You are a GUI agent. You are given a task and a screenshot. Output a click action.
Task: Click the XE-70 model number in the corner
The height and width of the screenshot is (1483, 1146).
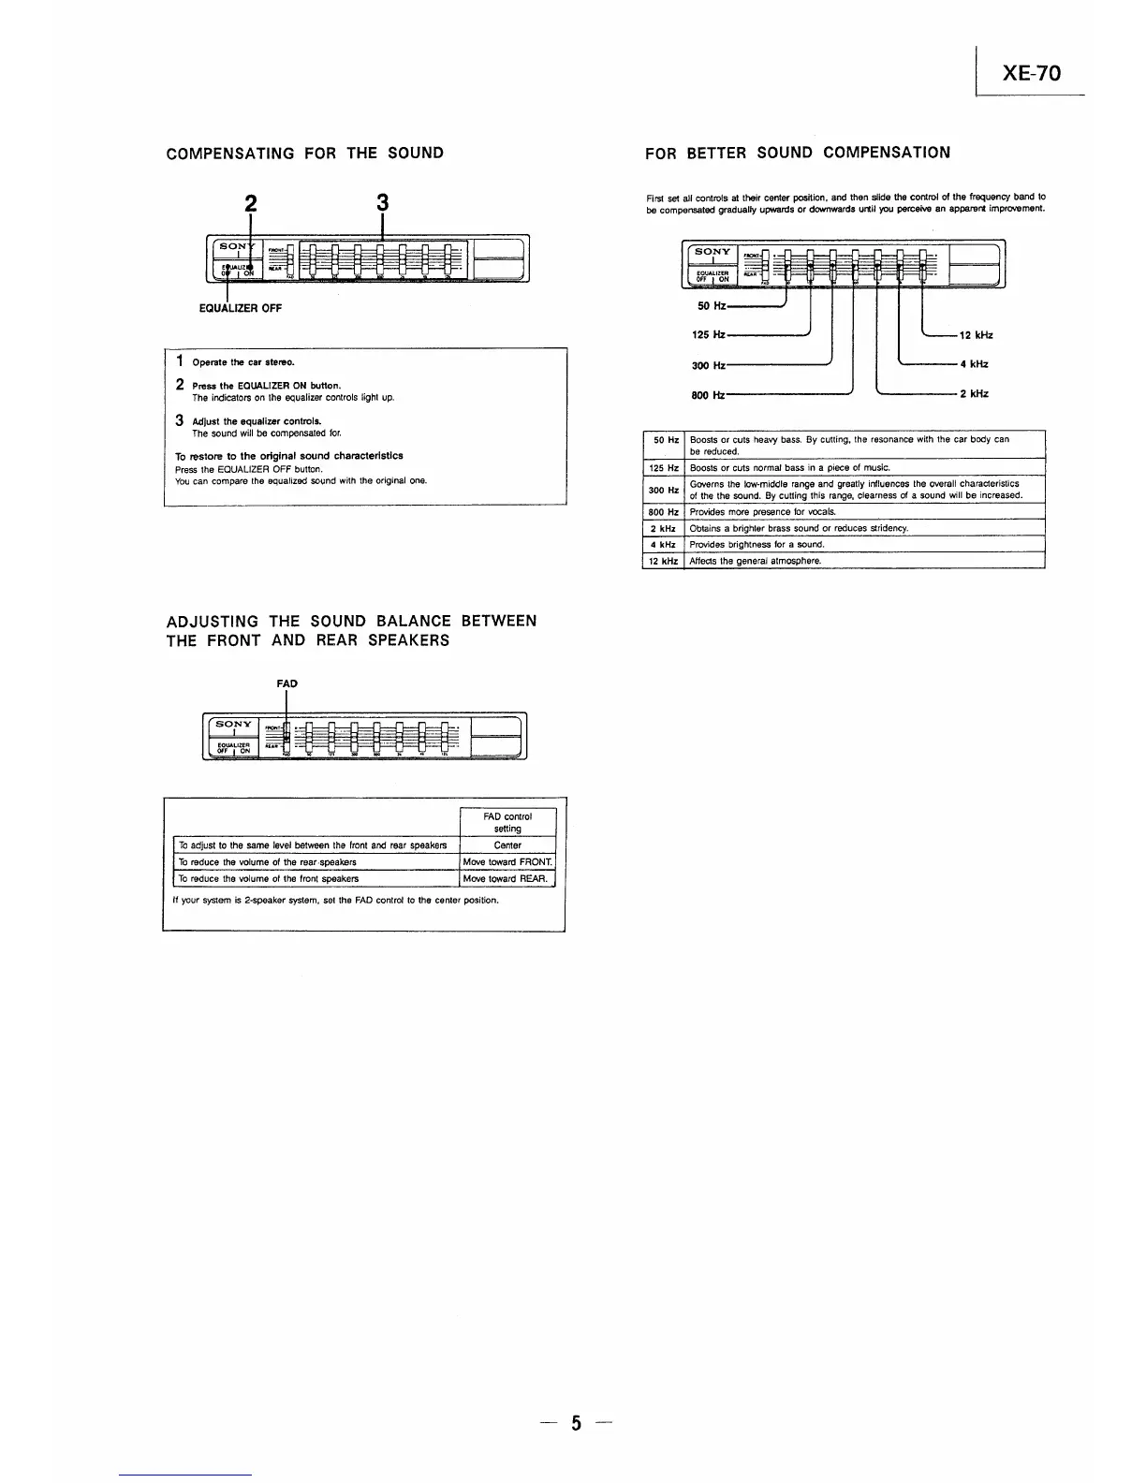(x=1032, y=73)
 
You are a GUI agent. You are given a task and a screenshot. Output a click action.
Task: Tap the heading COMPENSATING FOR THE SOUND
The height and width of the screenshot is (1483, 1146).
(x=304, y=153)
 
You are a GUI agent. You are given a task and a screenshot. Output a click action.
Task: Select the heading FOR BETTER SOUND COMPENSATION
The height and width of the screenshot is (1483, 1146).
(x=798, y=153)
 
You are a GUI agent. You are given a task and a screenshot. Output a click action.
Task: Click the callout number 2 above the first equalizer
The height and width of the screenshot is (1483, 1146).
(x=250, y=203)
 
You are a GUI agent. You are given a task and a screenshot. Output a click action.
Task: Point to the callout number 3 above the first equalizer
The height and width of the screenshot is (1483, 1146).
(x=382, y=203)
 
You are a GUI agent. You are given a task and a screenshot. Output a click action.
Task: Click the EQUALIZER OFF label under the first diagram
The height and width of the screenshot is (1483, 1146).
(x=240, y=308)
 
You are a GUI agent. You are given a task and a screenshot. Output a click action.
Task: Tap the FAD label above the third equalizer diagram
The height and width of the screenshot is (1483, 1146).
(x=286, y=683)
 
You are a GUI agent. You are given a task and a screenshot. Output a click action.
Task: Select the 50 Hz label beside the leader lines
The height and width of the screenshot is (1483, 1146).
(x=712, y=306)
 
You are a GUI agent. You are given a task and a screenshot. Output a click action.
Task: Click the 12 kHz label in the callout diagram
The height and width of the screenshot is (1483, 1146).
(x=977, y=335)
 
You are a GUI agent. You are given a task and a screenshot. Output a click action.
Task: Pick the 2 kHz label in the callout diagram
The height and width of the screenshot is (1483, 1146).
(x=974, y=394)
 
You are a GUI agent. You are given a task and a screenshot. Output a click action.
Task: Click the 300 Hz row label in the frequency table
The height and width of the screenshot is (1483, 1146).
(x=663, y=490)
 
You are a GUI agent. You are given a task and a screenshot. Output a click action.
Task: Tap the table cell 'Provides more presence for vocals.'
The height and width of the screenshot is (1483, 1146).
(x=749, y=512)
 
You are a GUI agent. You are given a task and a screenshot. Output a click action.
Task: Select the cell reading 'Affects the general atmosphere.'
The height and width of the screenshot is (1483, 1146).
(x=755, y=561)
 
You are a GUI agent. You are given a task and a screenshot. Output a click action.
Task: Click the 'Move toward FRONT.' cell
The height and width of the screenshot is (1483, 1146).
(x=507, y=862)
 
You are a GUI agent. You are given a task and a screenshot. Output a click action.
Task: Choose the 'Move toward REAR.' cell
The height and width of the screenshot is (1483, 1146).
(x=506, y=879)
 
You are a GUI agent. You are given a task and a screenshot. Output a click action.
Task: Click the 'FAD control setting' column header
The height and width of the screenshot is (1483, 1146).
(x=507, y=822)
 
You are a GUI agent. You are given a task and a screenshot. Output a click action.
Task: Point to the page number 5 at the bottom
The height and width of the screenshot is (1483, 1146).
(x=576, y=1424)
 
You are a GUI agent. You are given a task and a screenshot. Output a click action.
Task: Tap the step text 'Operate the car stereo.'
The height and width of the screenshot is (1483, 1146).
(x=243, y=362)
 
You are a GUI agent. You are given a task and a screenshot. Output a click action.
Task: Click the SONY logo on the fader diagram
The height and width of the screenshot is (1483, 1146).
(x=233, y=725)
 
